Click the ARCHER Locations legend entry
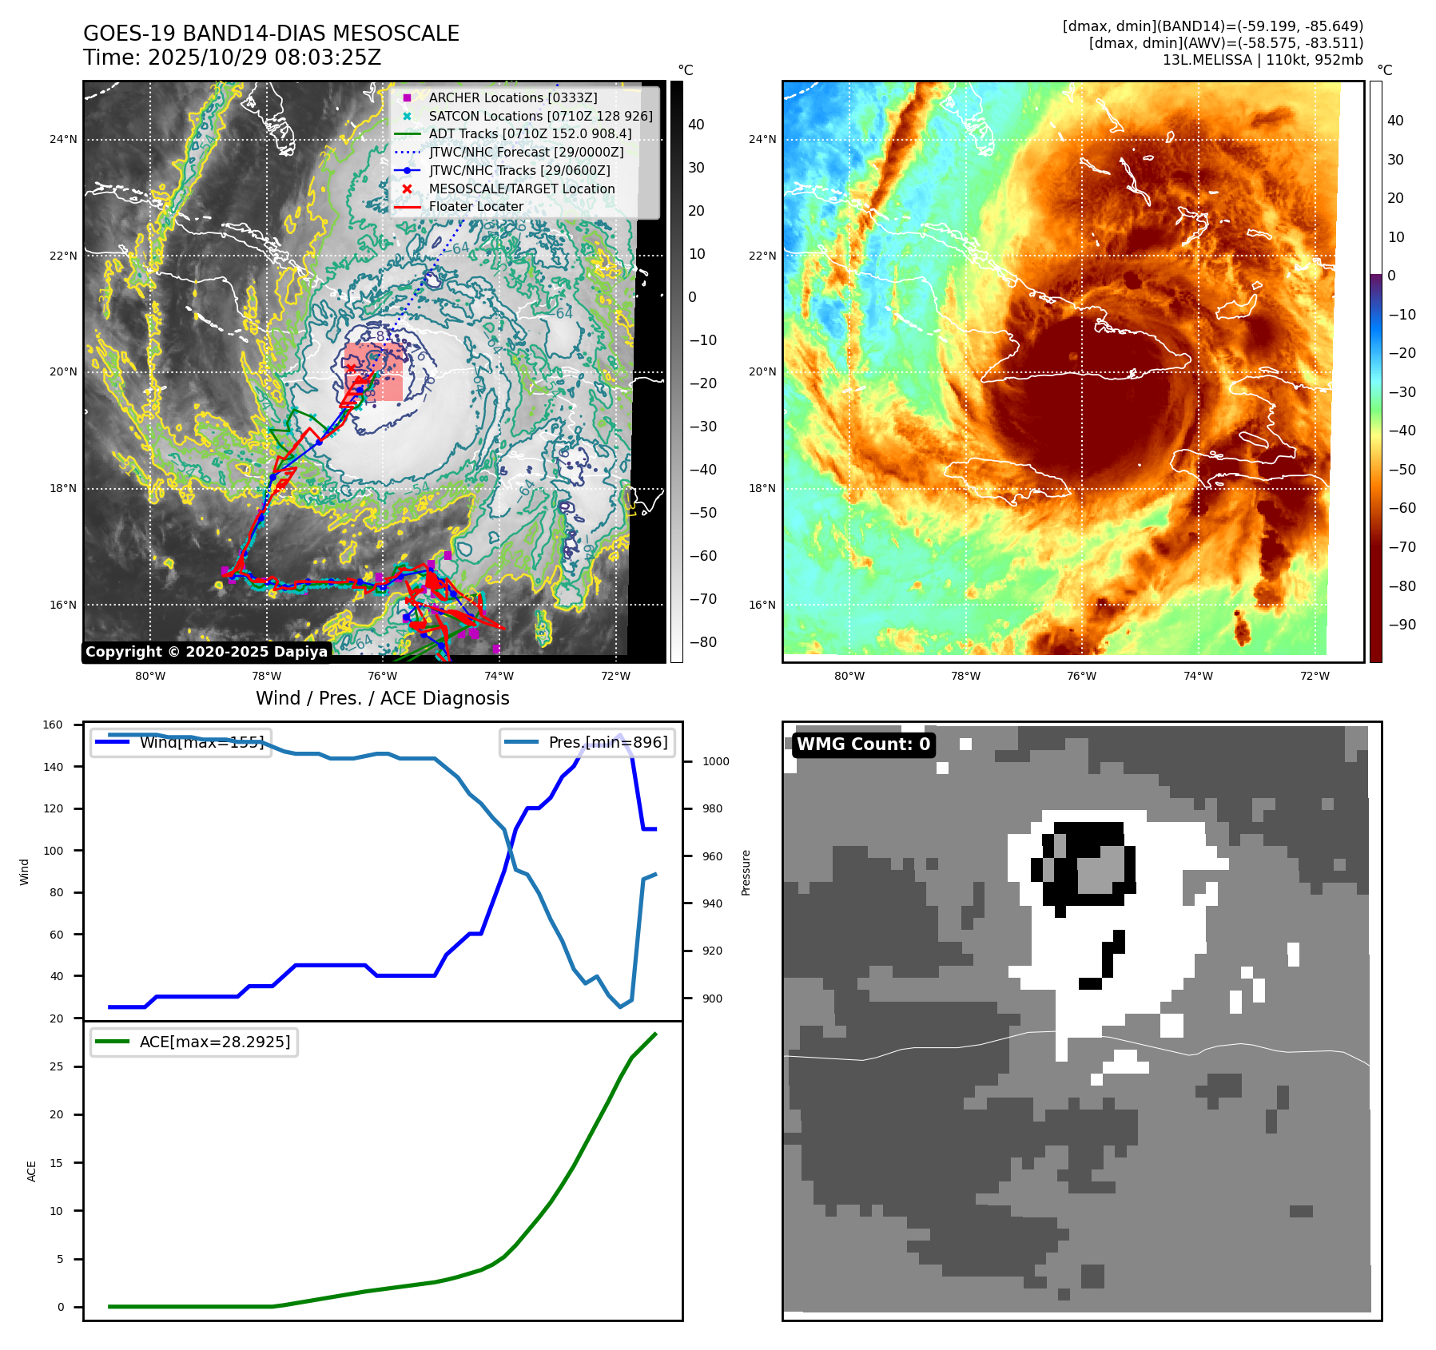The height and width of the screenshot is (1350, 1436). pyautogui.click(x=512, y=97)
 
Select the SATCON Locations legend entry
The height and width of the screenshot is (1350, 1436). pyautogui.click(x=540, y=116)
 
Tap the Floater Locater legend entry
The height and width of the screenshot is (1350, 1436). pyautogui.click(x=475, y=206)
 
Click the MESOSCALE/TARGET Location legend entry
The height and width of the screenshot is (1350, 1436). pyautogui.click(x=521, y=189)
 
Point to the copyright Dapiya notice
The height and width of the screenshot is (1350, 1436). pyautogui.click(x=206, y=652)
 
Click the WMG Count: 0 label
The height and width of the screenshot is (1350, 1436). pyautogui.click(x=863, y=744)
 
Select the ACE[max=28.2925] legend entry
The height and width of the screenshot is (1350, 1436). pyautogui.click(x=214, y=1042)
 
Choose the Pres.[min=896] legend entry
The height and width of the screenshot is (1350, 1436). pyautogui.click(x=607, y=742)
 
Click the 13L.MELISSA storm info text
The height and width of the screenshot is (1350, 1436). pyautogui.click(x=1263, y=60)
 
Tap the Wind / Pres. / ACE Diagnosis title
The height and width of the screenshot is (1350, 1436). pyautogui.click(x=382, y=698)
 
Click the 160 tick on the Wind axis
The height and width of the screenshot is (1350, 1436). pyautogui.click(x=53, y=725)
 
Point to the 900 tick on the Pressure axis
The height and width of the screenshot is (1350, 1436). pyautogui.click(x=711, y=999)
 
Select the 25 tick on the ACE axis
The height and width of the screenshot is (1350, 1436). pyautogui.click(x=56, y=1066)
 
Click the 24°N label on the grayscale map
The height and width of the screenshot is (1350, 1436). pyautogui.click(x=63, y=140)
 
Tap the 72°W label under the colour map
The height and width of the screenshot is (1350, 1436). pyautogui.click(x=1314, y=676)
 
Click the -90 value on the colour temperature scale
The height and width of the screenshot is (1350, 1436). pyautogui.click(x=1402, y=625)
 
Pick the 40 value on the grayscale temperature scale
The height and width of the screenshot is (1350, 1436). pyautogui.click(x=696, y=125)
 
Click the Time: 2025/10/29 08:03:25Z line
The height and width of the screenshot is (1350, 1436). pyautogui.click(x=232, y=58)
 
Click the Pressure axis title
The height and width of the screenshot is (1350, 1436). pyautogui.click(x=746, y=872)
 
